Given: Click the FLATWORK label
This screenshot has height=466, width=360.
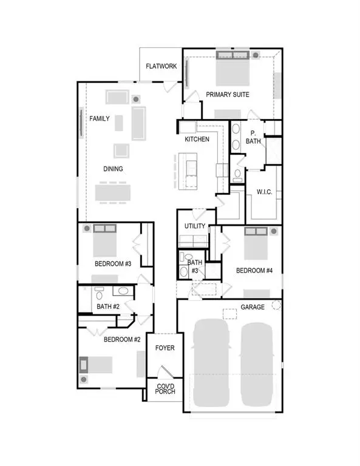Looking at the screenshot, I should (161, 66).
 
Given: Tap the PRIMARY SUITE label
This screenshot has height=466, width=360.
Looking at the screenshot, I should (228, 95).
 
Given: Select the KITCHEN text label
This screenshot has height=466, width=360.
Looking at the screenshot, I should (197, 140).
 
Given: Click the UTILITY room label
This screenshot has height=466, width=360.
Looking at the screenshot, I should (195, 226).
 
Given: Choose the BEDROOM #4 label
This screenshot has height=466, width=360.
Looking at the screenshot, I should (254, 271).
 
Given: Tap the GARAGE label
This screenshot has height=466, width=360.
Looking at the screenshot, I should (252, 307).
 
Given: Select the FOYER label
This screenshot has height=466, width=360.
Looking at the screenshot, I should (165, 348).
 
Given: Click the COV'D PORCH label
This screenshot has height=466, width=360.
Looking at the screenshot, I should (165, 388).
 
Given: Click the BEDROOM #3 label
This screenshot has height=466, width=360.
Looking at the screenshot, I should (114, 264).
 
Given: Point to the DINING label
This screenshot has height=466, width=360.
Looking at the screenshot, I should (113, 169).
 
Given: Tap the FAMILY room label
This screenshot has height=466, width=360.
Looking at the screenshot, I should (100, 119).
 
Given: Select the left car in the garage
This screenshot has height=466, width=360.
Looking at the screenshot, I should (209, 364).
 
